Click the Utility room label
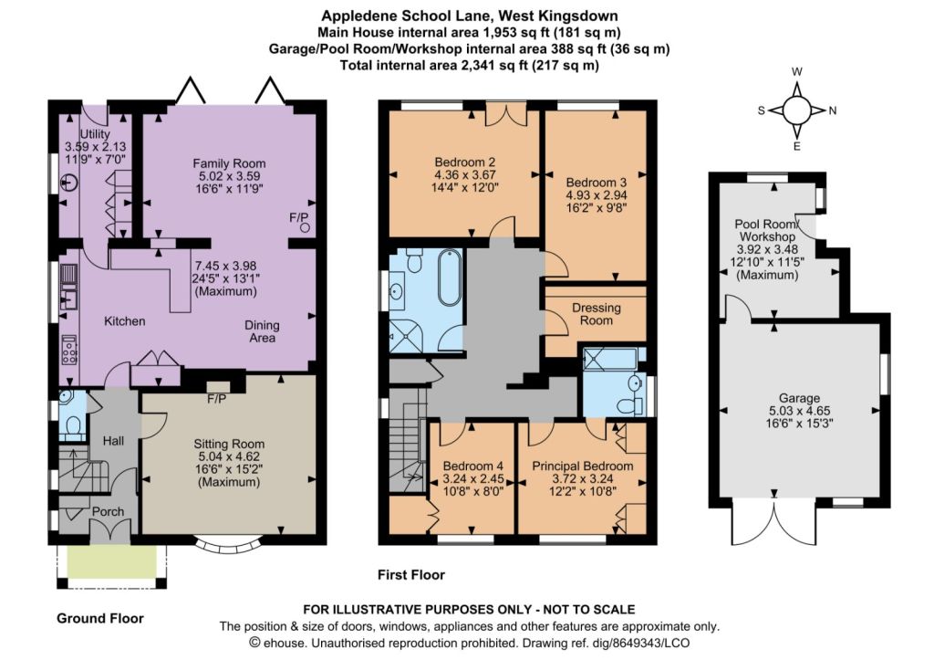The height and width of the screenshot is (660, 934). coord(95,134)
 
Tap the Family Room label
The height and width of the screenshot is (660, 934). coord(229,163)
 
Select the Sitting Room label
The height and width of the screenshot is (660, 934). coord(229,445)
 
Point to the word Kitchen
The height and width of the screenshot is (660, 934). coord(124,321)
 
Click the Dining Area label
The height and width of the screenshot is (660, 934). coord(262,331)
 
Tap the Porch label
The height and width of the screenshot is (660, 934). coord(108,511)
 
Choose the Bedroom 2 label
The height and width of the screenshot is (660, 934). coord(464,162)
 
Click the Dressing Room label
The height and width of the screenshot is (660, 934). coord(597,314)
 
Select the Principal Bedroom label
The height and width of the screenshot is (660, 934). coord(583,466)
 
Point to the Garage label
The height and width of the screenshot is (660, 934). coord(799,398)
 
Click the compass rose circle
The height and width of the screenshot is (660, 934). coord(797,110)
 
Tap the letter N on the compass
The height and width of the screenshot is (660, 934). coord(833,110)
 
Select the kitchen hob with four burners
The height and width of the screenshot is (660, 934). coord(69,350)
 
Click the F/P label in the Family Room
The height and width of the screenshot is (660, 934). coord(298,217)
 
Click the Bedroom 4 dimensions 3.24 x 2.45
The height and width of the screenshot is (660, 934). coord(473,478)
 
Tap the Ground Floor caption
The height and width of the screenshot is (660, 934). coord(100,618)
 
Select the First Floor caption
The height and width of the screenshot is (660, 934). coord(411,575)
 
